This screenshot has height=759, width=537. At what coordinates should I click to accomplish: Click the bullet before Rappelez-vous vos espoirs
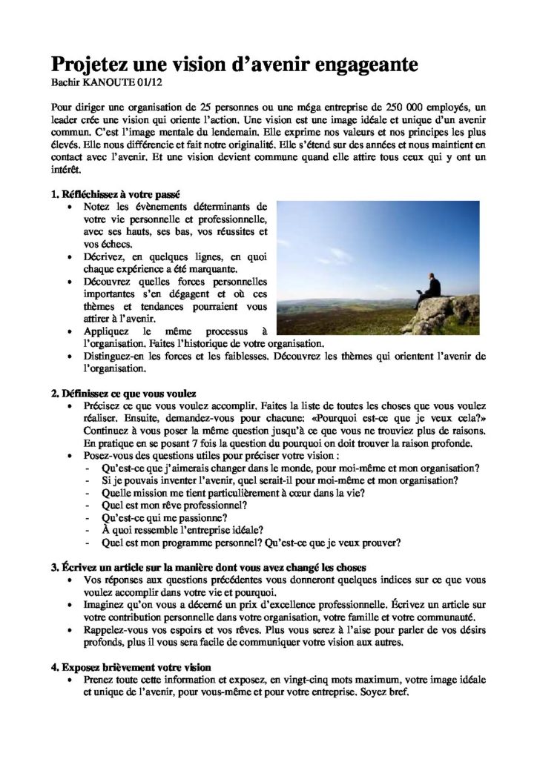70,631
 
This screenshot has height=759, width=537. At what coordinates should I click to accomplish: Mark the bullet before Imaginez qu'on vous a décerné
70,606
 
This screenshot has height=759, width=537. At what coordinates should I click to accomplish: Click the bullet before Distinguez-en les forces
70,356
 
